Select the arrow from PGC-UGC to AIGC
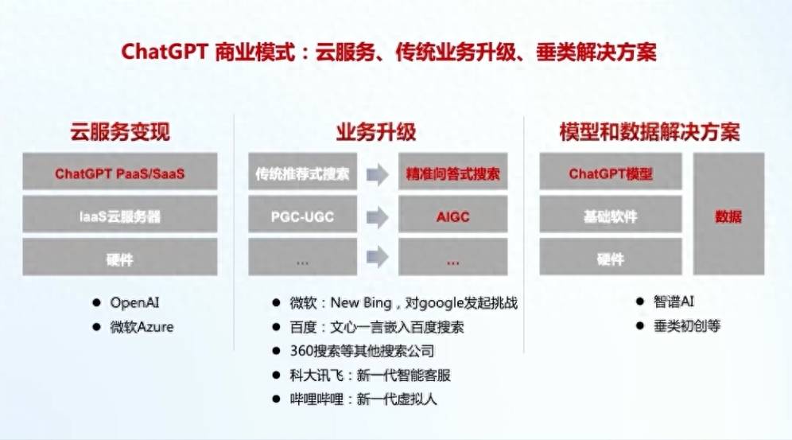(377, 217)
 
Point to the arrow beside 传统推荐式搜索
(377, 175)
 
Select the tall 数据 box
(728, 214)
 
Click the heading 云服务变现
(120, 132)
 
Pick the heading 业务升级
(376, 132)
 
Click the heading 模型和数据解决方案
(650, 132)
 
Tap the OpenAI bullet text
(134, 302)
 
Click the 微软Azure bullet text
(142, 327)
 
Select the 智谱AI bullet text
(674, 302)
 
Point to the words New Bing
(361, 302)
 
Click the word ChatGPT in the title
(165, 52)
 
